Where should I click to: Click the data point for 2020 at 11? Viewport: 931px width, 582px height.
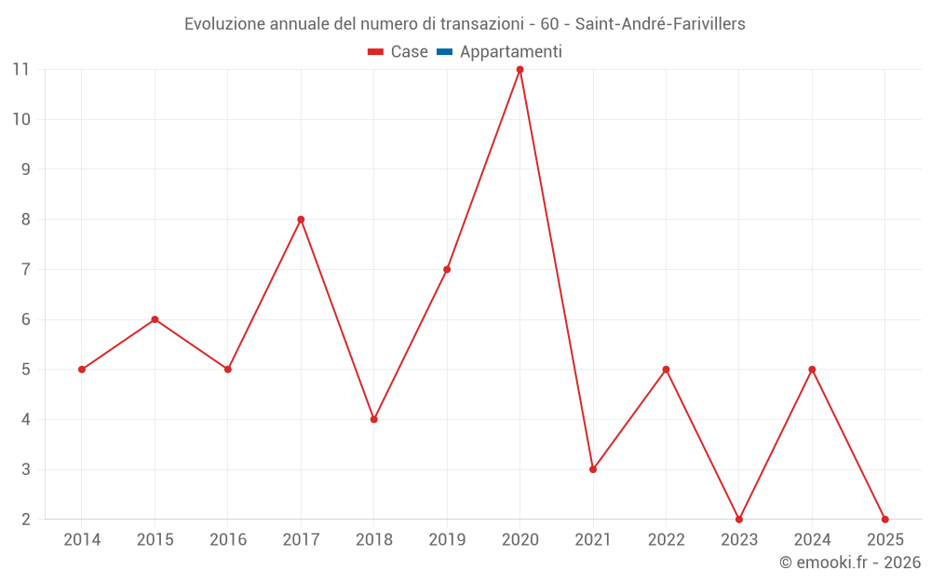[x=519, y=70]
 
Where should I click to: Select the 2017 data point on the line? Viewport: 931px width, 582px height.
[x=301, y=220]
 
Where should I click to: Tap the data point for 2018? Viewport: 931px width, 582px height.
[x=373, y=419]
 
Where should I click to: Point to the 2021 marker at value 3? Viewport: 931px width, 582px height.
[x=593, y=469]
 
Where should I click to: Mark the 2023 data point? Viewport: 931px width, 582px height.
[x=739, y=519]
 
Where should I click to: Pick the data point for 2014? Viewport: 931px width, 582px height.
[x=82, y=370]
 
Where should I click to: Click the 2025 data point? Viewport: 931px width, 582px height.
[x=884, y=519]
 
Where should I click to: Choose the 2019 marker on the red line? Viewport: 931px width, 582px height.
[x=447, y=270]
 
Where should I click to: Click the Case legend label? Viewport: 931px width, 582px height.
[x=409, y=52]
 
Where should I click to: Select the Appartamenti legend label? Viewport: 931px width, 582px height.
[x=510, y=52]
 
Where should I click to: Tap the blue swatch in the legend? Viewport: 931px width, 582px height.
[x=444, y=52]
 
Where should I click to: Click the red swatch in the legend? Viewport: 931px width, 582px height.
[x=375, y=52]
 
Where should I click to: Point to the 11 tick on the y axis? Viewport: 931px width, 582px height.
[x=21, y=70]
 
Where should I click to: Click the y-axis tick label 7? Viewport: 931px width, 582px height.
[x=26, y=270]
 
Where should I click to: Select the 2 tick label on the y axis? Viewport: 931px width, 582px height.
[x=26, y=520]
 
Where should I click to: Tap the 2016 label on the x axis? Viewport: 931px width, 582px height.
[x=228, y=540]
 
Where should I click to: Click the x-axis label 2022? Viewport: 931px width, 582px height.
[x=666, y=540]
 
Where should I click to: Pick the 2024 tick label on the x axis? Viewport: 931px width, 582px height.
[x=812, y=540]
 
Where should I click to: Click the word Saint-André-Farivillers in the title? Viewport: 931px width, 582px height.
[x=660, y=24]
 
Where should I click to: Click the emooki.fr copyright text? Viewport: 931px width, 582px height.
[x=850, y=562]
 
